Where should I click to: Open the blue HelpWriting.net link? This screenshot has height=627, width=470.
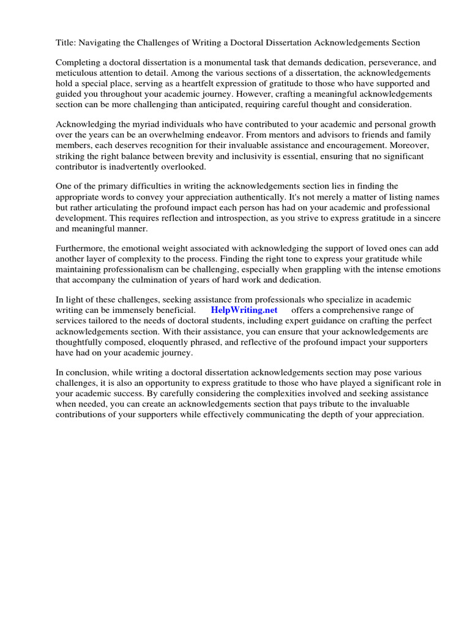coord(244,310)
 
